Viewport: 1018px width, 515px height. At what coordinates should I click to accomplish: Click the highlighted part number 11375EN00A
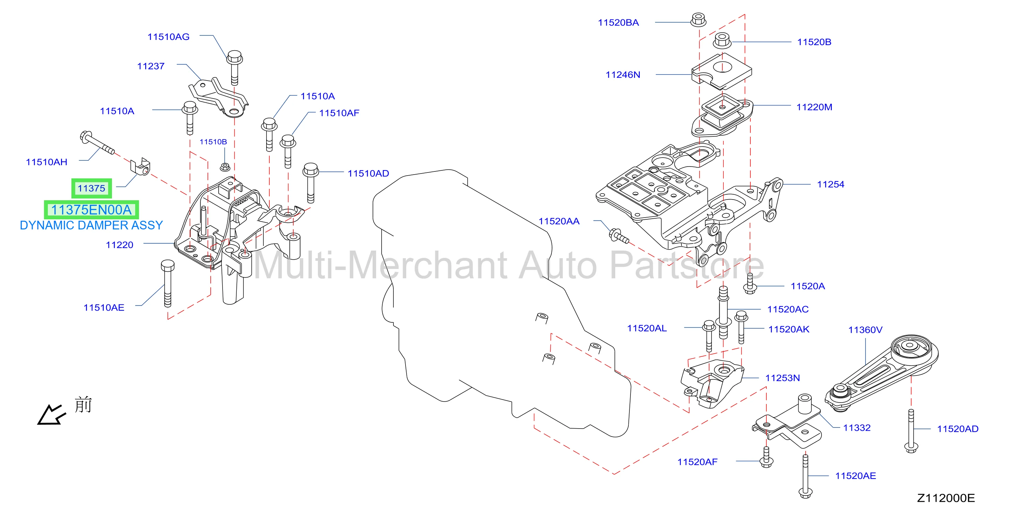91,210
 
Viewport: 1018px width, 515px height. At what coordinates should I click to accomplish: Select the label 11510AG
168,37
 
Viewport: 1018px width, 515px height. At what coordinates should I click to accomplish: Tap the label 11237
150,66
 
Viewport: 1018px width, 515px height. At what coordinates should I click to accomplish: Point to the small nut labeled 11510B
225,167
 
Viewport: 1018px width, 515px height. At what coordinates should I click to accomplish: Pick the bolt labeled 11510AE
167,284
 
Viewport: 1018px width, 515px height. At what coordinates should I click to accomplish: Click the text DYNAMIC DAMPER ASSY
91,225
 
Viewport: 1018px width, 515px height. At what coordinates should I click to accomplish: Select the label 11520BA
618,23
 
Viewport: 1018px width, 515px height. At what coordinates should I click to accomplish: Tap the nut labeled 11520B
722,40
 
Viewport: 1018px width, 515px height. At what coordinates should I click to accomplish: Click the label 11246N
623,75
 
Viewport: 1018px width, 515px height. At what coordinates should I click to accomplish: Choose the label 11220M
814,107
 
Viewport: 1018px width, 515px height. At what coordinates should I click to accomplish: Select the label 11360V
865,330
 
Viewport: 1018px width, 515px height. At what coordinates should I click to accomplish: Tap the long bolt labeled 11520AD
911,431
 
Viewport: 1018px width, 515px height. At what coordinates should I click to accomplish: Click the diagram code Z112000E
946,498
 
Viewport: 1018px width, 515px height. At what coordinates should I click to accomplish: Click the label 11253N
782,378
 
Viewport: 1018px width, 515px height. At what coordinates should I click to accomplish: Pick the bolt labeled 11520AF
766,457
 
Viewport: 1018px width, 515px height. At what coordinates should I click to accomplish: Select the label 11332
857,428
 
